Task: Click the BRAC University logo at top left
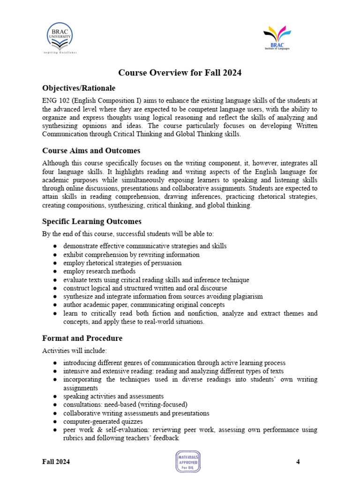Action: click(x=60, y=38)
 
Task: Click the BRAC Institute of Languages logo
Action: click(x=277, y=37)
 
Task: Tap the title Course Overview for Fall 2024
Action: click(x=180, y=73)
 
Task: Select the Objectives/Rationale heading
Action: click(x=79, y=88)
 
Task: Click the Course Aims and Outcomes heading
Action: click(x=91, y=150)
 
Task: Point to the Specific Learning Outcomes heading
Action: click(x=92, y=221)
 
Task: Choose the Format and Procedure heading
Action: click(x=82, y=338)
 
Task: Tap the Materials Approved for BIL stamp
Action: click(x=187, y=462)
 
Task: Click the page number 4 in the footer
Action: click(x=298, y=462)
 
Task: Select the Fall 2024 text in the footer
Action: click(x=56, y=462)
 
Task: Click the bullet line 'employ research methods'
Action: click(x=99, y=271)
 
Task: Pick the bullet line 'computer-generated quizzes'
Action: click(x=103, y=421)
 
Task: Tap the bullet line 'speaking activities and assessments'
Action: click(x=113, y=396)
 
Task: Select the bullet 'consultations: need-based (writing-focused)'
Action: click(x=125, y=405)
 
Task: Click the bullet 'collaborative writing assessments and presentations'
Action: click(x=136, y=413)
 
